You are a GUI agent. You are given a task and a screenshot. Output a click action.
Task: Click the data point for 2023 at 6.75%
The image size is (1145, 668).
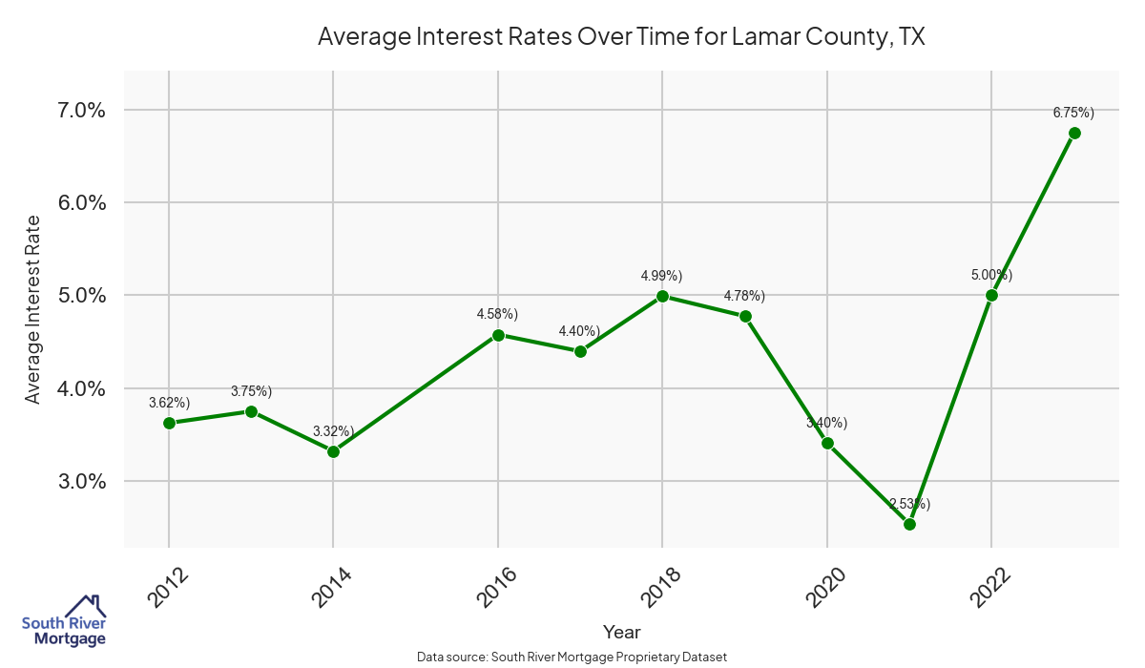pyautogui.click(x=1074, y=133)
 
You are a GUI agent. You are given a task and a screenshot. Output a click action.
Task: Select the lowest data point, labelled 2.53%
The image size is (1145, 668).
pyautogui.click(x=909, y=524)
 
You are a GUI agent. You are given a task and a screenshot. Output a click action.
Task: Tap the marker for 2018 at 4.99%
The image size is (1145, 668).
pyautogui.click(x=662, y=296)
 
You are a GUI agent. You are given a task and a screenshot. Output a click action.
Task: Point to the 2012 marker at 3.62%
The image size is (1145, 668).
pyautogui.click(x=169, y=423)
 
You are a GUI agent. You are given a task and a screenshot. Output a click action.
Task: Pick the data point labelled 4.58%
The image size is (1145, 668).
pyautogui.click(x=498, y=335)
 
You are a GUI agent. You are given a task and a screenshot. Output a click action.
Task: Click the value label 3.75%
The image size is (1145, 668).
pyautogui.click(x=251, y=391)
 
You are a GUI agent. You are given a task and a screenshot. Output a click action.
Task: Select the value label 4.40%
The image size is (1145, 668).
pyautogui.click(x=579, y=331)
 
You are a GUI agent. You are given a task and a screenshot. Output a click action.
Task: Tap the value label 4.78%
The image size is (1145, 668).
pyautogui.click(x=744, y=296)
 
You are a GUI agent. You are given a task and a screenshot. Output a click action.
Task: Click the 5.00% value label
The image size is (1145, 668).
pyautogui.click(x=991, y=275)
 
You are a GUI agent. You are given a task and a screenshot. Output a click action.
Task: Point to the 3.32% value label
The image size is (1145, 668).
pyautogui.click(x=333, y=431)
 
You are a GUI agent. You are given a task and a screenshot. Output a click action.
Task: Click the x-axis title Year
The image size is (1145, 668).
pyautogui.click(x=621, y=632)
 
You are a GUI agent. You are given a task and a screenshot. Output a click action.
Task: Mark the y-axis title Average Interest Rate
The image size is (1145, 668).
pyautogui.click(x=33, y=309)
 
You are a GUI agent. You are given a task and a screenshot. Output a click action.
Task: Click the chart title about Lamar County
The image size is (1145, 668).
pyautogui.click(x=621, y=37)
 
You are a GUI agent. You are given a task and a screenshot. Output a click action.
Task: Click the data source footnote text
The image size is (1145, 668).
pyautogui.click(x=572, y=657)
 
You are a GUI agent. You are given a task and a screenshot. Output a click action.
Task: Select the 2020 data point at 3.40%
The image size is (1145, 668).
pyautogui.click(x=827, y=443)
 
